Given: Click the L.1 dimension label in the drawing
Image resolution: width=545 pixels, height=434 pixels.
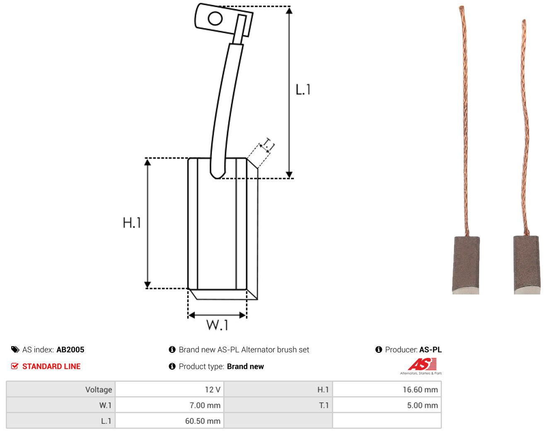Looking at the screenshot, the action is pos(303,89).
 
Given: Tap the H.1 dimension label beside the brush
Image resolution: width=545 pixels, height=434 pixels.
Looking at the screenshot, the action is pos(132,223).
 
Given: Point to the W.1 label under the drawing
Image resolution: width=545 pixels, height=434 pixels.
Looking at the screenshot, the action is pos(217,325).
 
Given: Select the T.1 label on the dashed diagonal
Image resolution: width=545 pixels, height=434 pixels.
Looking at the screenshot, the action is pos(268,145).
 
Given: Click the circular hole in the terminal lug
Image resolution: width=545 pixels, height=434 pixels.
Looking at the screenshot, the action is pos(215,19).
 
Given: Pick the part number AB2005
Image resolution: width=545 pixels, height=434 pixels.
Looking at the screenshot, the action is pos(70,350).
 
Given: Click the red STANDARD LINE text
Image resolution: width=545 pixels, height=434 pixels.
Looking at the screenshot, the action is pos(51,366).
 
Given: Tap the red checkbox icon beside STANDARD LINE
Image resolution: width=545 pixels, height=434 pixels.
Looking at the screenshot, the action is pos(14,366).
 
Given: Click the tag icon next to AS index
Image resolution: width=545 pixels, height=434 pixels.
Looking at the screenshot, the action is pos(15,350).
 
